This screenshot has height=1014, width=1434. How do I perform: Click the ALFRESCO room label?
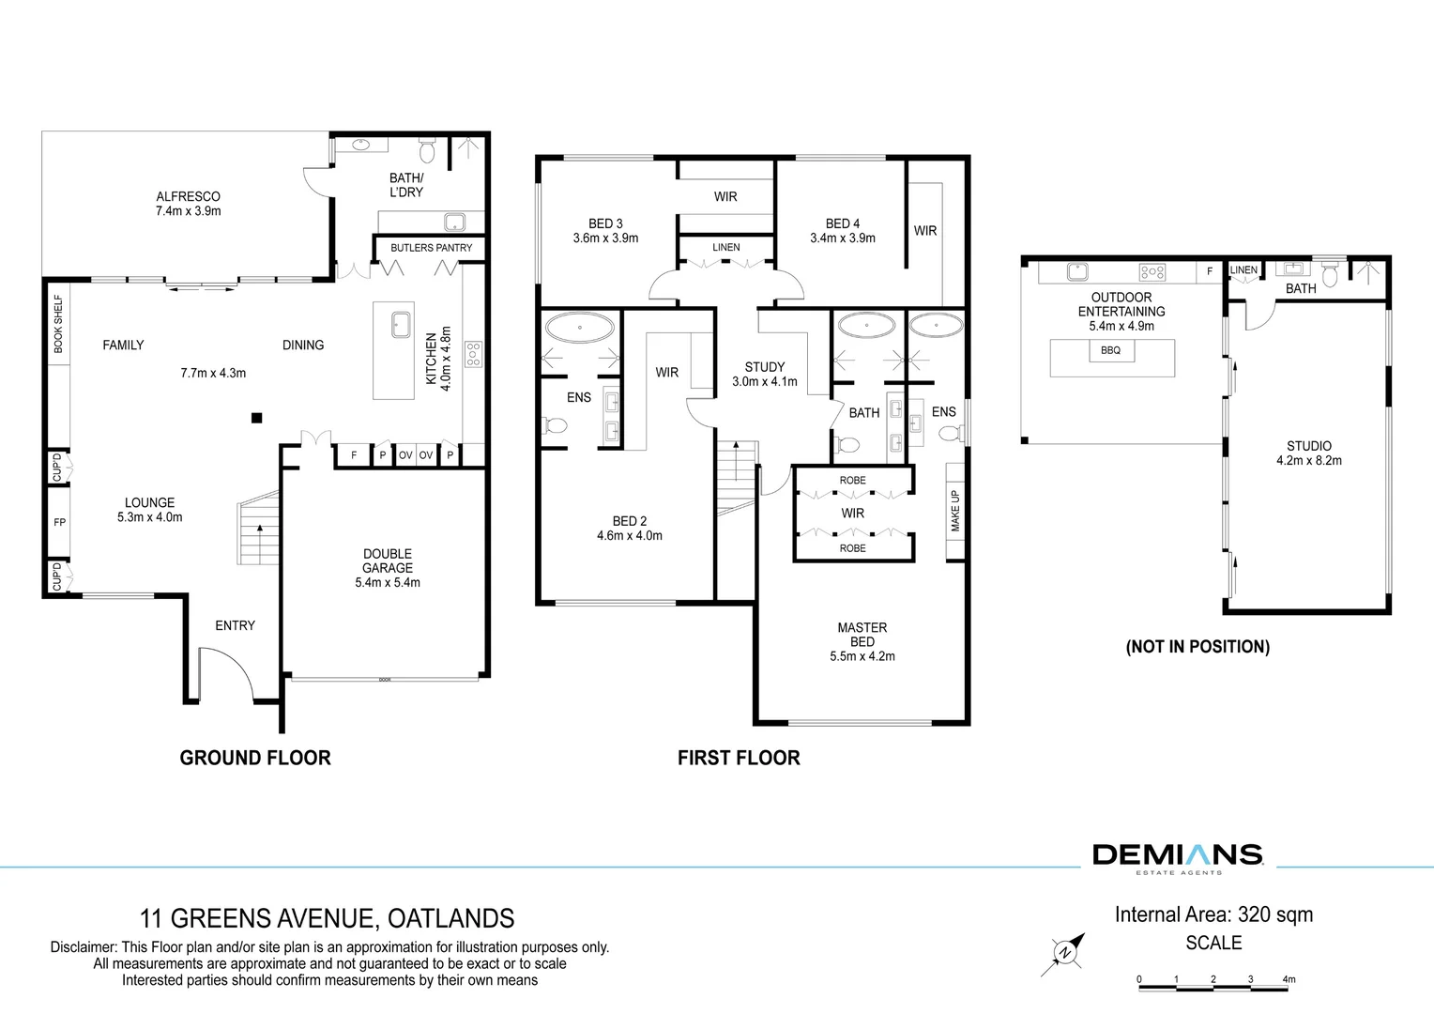coord(189,196)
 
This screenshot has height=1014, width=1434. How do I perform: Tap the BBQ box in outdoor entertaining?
coord(1111,350)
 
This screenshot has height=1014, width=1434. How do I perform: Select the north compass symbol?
coord(1063,953)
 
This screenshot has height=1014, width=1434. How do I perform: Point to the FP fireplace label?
coord(59,522)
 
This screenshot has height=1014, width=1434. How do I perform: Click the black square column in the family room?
coord(257,419)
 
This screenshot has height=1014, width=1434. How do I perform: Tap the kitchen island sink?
coord(402,325)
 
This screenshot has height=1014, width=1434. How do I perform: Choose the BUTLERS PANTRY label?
coord(432,248)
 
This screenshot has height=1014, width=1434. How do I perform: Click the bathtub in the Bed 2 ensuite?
coord(580,328)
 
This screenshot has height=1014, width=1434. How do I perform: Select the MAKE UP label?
coord(955,511)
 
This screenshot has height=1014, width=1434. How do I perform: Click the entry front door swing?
coord(228,671)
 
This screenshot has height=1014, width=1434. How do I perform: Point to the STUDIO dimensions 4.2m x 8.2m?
coord(1309,460)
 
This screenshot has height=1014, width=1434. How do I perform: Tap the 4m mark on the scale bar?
coord(1289,979)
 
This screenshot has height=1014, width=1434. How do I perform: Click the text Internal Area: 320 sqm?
coord(1213,914)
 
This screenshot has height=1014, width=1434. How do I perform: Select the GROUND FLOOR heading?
coord(255,758)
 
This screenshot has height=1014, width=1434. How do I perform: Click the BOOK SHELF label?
coord(58,324)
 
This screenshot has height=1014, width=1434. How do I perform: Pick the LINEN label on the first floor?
coord(726,247)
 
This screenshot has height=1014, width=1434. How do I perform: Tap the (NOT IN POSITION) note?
coord(1198,647)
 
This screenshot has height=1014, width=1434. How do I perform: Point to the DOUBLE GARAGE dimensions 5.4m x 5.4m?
coord(388,582)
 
